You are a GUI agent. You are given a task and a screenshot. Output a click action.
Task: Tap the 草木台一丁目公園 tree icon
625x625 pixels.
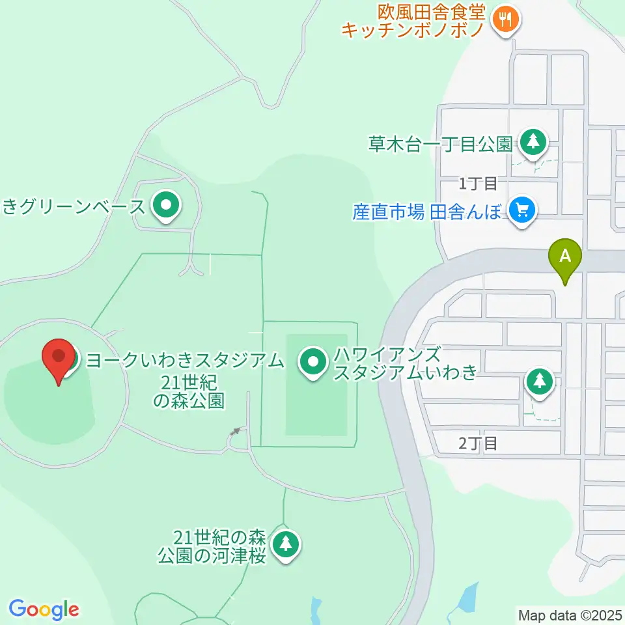click(x=533, y=141)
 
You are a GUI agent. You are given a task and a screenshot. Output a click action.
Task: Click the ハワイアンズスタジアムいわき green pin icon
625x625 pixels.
click(x=312, y=361)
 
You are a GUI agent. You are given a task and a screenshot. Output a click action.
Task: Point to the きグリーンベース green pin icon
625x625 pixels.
click(x=165, y=206)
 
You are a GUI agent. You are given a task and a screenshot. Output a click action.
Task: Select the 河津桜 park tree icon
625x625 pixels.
click(x=285, y=544)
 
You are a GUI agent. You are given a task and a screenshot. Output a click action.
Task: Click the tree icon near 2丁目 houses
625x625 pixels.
click(x=539, y=381)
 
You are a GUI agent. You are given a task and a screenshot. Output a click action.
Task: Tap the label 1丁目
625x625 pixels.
click(x=478, y=184)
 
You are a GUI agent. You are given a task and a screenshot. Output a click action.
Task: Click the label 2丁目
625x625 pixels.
click(x=478, y=444)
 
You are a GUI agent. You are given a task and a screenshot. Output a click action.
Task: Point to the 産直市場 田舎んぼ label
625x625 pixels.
click(x=427, y=211)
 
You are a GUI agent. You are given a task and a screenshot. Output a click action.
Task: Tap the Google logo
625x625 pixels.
click(x=44, y=609)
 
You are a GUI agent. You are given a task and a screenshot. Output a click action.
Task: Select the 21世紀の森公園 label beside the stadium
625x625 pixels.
click(x=189, y=391)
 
